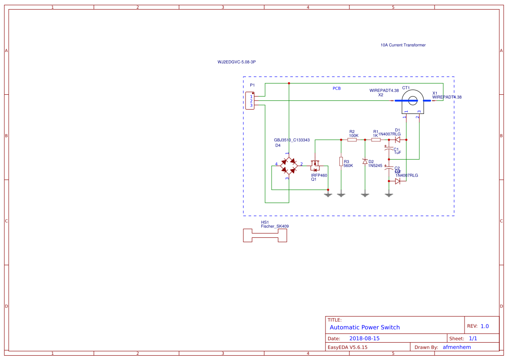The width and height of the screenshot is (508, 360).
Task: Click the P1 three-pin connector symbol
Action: coord(250,101)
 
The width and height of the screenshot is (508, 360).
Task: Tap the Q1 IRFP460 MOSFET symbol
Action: coord(315,166)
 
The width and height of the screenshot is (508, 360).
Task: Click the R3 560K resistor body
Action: coord(341,161)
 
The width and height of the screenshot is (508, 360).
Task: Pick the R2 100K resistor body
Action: coord(352,140)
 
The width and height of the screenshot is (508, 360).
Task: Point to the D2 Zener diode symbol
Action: coord(365,161)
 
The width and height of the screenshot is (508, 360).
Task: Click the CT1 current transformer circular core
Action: coord(412,100)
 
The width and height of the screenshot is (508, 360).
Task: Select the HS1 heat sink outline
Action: coord(265,236)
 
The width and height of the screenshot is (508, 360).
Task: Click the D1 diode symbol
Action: coord(397,140)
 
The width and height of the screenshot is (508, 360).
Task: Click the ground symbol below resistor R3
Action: coord(341,194)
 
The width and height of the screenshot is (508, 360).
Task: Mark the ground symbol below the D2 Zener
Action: coord(365,194)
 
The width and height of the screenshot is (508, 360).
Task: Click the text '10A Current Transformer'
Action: coord(403,45)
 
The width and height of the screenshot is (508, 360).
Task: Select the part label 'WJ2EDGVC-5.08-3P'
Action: coord(236,62)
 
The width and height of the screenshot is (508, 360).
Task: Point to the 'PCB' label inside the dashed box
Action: coord(336,88)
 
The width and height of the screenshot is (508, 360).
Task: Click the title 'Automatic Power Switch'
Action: coord(365,327)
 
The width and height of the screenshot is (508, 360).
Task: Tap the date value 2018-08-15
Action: coord(364,338)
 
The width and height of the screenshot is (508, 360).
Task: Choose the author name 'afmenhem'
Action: coord(456,347)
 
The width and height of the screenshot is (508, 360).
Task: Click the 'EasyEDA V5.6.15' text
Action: coord(347,347)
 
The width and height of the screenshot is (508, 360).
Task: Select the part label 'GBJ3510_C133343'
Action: coord(292,140)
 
